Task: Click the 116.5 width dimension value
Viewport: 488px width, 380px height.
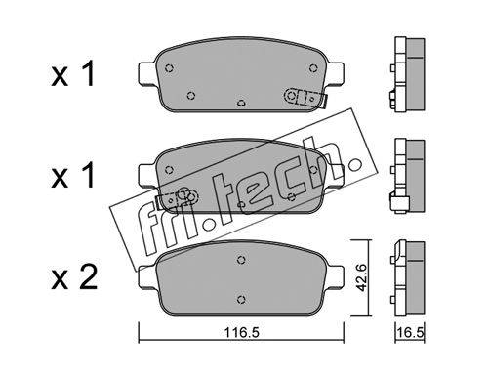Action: [x=241, y=333]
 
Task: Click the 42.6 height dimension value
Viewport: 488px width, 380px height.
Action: [x=361, y=277]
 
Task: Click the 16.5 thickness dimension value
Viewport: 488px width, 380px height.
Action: [x=410, y=333]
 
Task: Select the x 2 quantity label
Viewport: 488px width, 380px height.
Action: [x=74, y=277]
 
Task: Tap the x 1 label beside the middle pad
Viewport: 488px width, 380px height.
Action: [x=73, y=175]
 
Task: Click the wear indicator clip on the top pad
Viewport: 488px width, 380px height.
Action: [x=305, y=98]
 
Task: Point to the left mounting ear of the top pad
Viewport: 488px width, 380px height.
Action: [x=148, y=73]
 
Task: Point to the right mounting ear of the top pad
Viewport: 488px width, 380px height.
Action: [x=335, y=73]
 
